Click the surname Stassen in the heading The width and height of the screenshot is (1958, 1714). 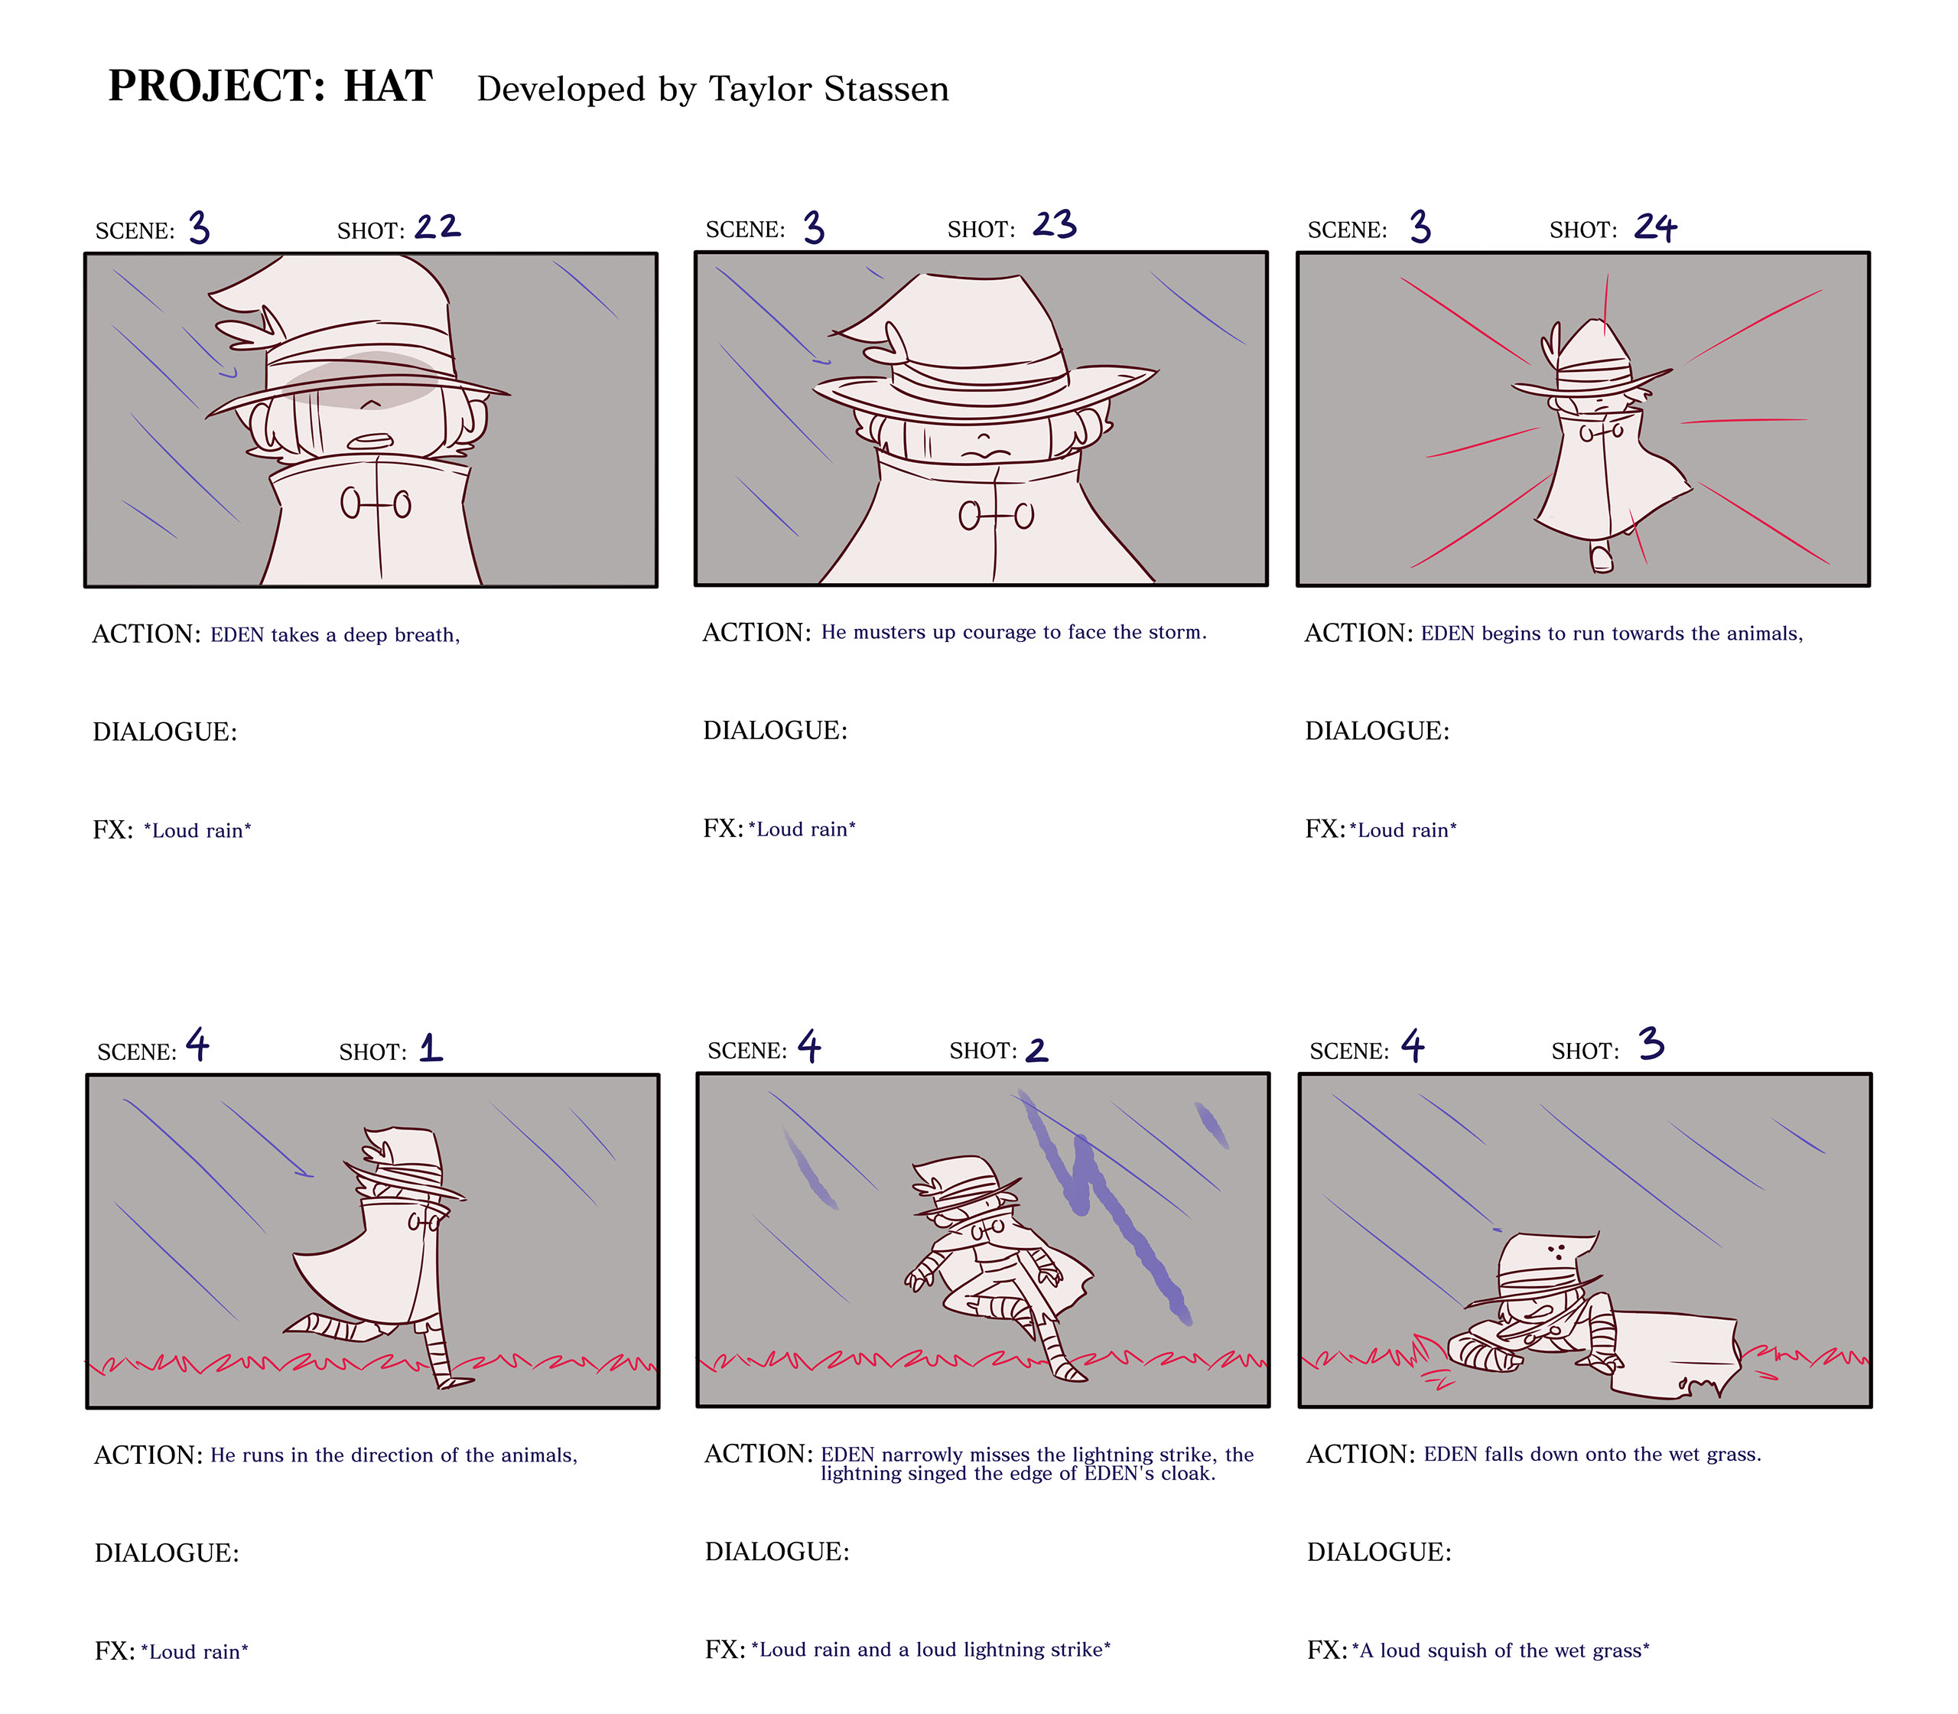pos(886,89)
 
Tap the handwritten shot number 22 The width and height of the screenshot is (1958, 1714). pos(437,226)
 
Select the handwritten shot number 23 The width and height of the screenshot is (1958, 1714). pos(1055,225)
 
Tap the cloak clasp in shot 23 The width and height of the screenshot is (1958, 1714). pos(996,516)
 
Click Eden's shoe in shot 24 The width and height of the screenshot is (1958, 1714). pos(1602,557)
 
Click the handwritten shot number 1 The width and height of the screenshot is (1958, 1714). pos(431,1048)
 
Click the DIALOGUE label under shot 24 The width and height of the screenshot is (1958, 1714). pos(1377,731)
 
